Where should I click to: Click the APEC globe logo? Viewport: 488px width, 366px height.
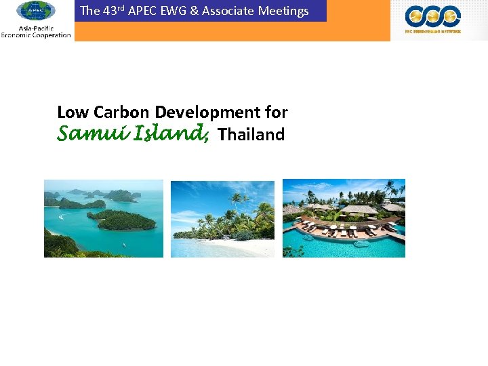(35, 11)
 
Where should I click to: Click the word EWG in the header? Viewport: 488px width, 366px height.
(174, 11)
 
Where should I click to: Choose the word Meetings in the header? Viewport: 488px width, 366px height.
(283, 11)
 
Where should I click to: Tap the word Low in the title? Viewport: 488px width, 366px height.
(73, 112)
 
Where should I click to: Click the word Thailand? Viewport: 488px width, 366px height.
(251, 134)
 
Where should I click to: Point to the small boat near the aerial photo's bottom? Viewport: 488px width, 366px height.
(123, 244)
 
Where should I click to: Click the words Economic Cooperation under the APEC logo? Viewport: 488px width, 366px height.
(36, 35)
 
